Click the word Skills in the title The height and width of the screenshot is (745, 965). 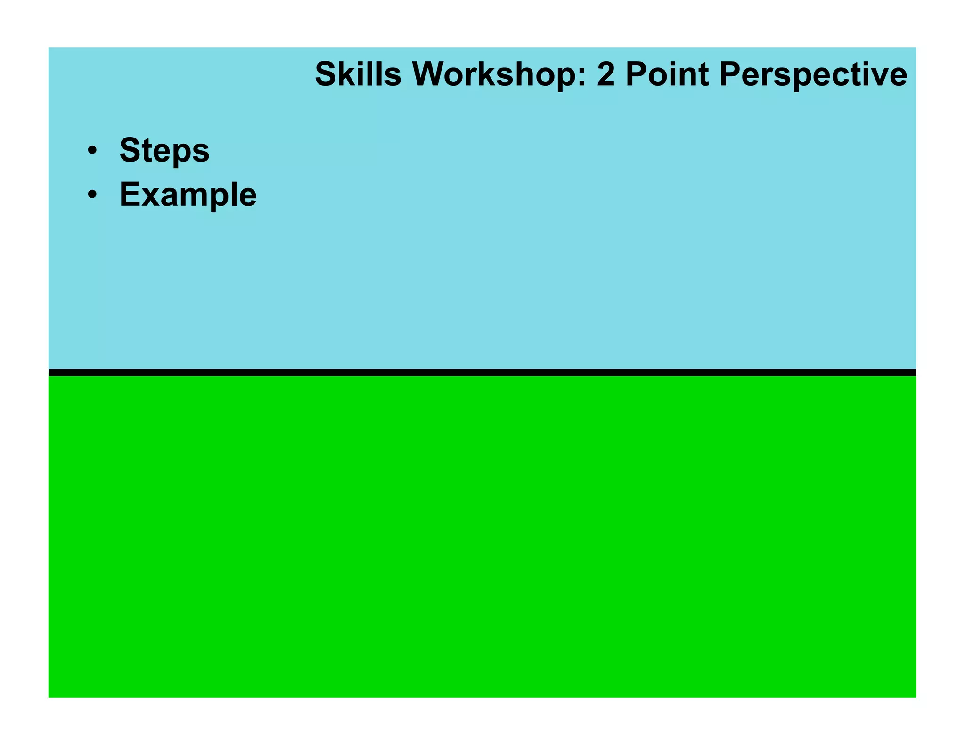point(358,74)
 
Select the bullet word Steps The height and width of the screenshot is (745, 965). point(164,151)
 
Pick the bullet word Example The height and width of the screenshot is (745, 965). point(188,195)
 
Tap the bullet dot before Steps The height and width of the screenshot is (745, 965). point(92,151)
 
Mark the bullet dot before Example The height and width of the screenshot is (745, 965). point(92,195)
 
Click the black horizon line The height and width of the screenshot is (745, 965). point(482,372)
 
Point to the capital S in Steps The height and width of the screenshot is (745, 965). point(130,150)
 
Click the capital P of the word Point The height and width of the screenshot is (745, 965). point(636,74)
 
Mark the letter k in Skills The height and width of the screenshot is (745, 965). point(346,74)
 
